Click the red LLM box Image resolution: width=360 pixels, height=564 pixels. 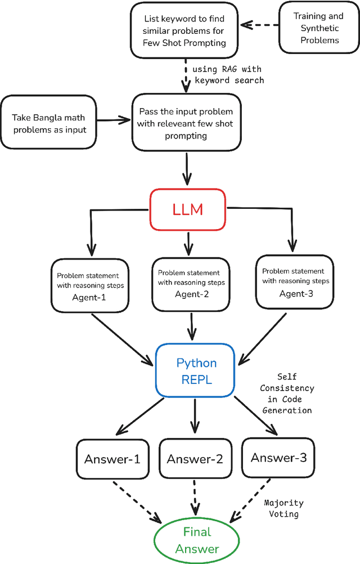[x=187, y=210]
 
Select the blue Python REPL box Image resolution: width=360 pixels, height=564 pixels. [x=196, y=370]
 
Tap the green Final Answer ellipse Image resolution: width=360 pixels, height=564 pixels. [x=197, y=540]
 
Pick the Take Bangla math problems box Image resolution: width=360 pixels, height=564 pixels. [x=49, y=123]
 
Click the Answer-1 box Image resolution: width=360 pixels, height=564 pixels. [x=112, y=459]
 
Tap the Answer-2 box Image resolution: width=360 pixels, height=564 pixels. [x=195, y=459]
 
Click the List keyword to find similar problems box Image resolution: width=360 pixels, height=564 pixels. [x=186, y=28]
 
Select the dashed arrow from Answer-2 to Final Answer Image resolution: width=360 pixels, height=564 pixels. [x=195, y=498]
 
